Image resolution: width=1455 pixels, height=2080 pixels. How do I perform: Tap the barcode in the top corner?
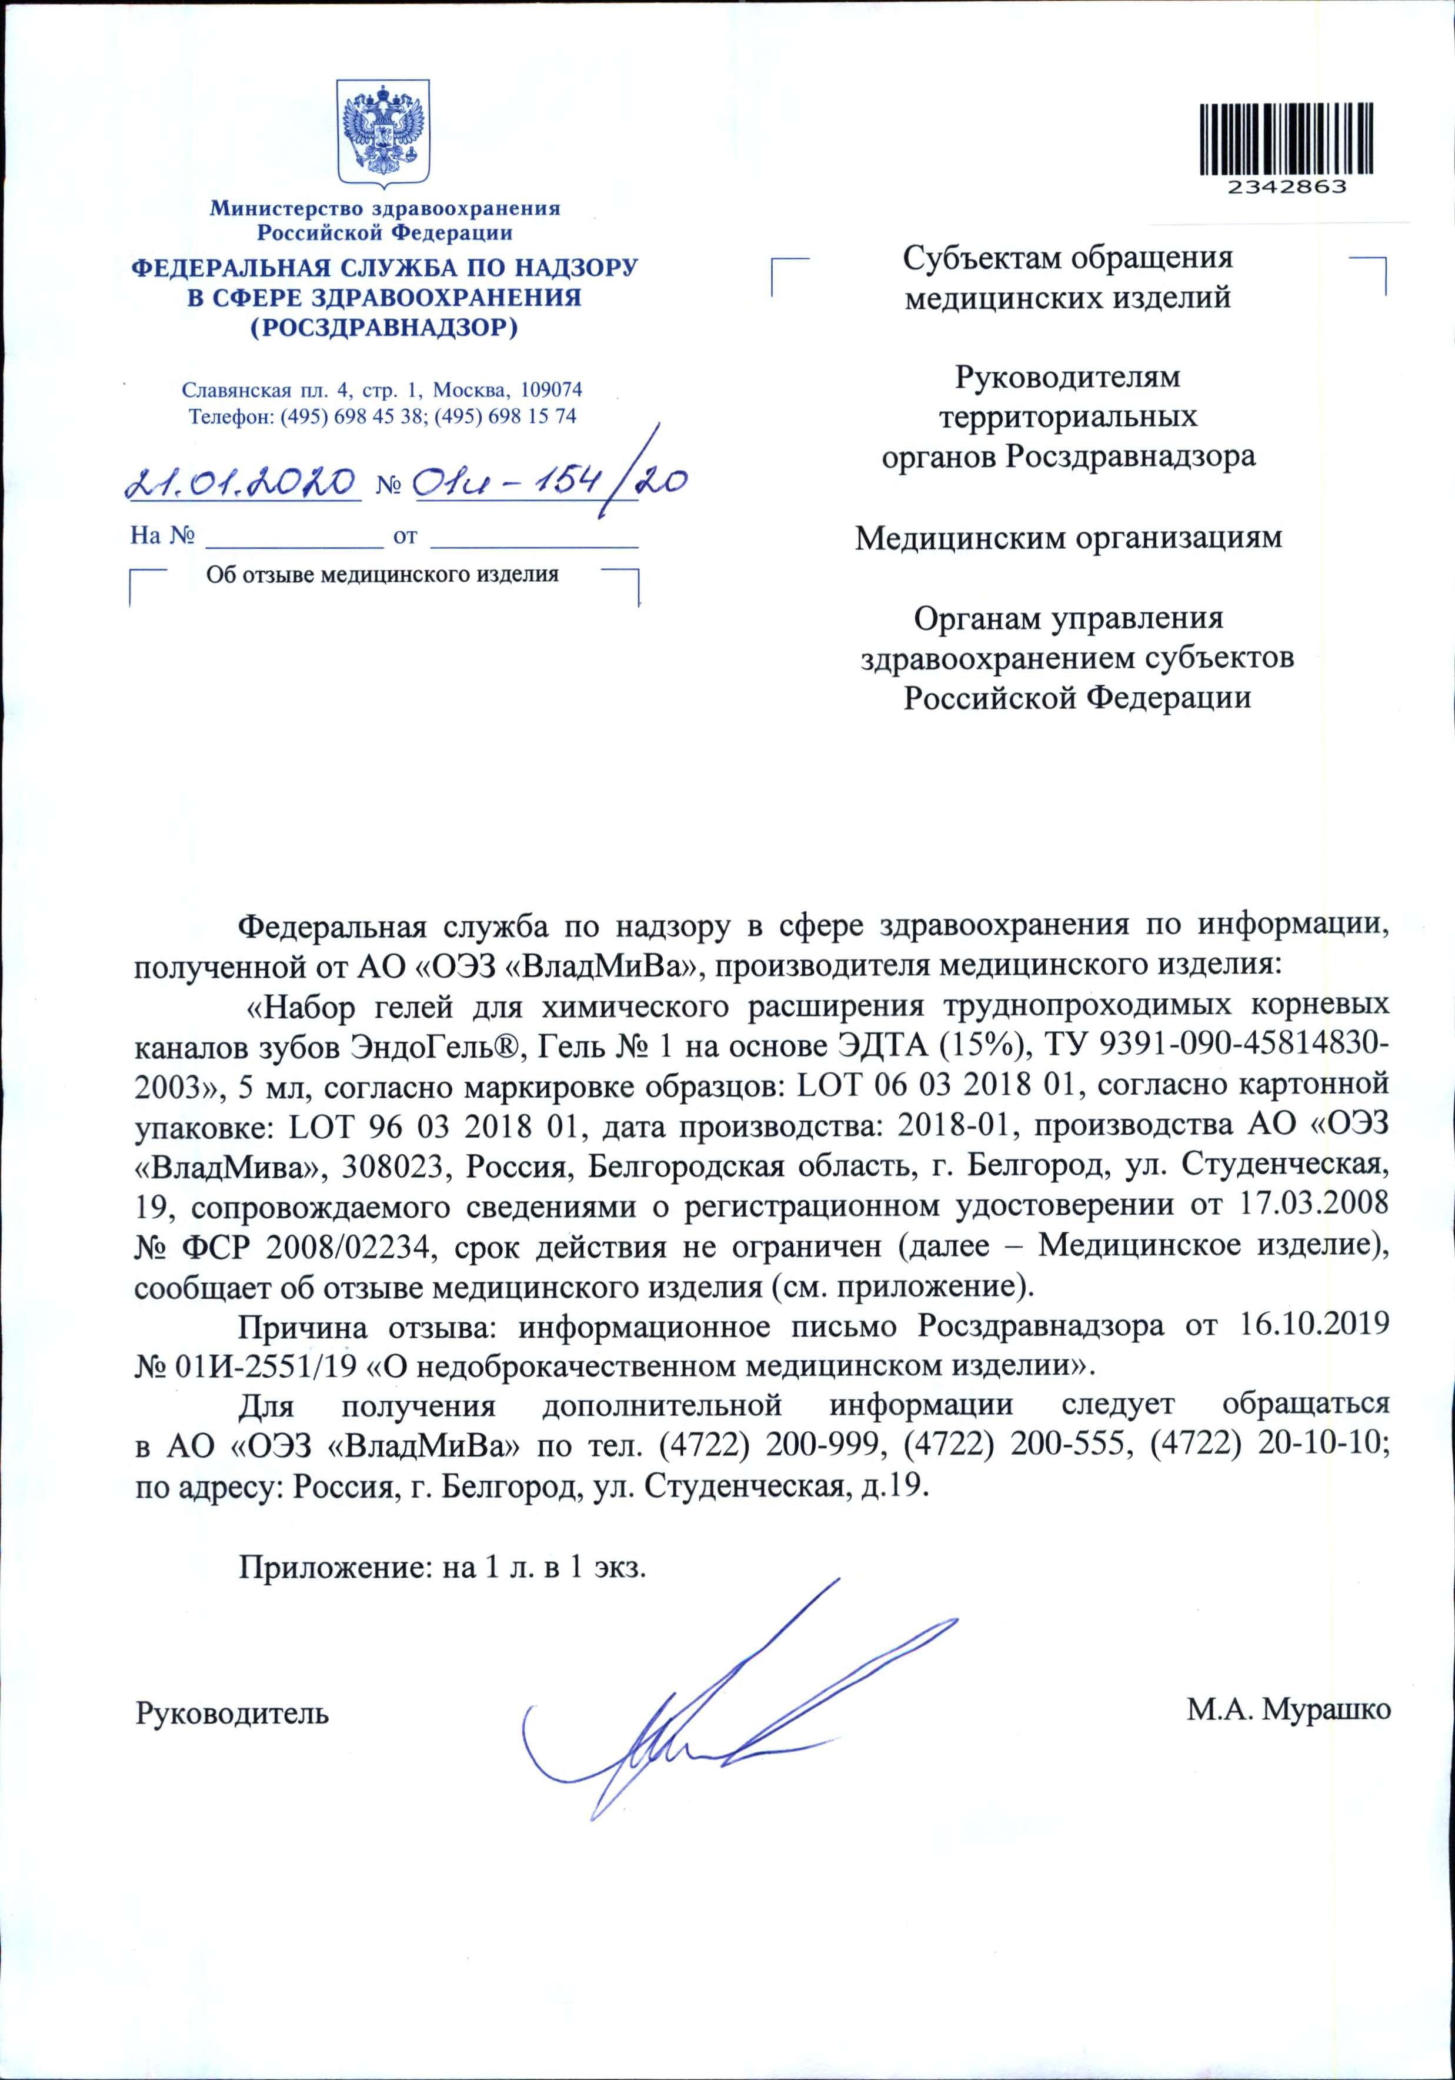tap(1286, 139)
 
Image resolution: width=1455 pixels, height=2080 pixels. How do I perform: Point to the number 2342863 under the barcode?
tap(1286, 186)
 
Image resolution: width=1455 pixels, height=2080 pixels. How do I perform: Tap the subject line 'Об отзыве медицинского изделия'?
tap(382, 574)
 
